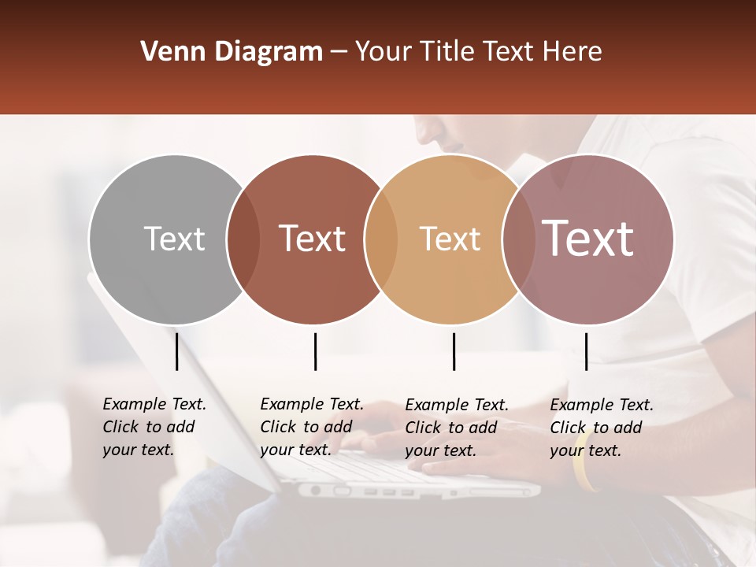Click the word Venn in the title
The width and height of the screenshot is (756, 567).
(x=168, y=52)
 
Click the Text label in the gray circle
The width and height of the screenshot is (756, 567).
(x=174, y=239)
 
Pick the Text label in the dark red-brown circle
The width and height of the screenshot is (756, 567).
(x=312, y=239)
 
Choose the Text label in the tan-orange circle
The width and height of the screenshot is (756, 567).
(x=450, y=239)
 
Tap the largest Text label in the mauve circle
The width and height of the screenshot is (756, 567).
(x=587, y=239)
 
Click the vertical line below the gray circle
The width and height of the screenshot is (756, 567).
(x=177, y=351)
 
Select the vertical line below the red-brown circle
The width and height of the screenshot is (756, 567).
(x=315, y=351)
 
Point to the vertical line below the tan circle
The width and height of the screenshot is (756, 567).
(x=454, y=351)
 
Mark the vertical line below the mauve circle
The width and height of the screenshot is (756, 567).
(x=586, y=351)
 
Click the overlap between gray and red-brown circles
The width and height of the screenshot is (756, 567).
(x=243, y=239)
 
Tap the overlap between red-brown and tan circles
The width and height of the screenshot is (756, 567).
(x=381, y=239)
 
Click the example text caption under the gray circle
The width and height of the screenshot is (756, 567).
(x=154, y=427)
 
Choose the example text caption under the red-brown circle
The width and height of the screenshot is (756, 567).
(x=311, y=427)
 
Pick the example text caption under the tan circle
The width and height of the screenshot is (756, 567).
(x=456, y=428)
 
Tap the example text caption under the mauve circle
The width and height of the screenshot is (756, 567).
(x=601, y=428)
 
